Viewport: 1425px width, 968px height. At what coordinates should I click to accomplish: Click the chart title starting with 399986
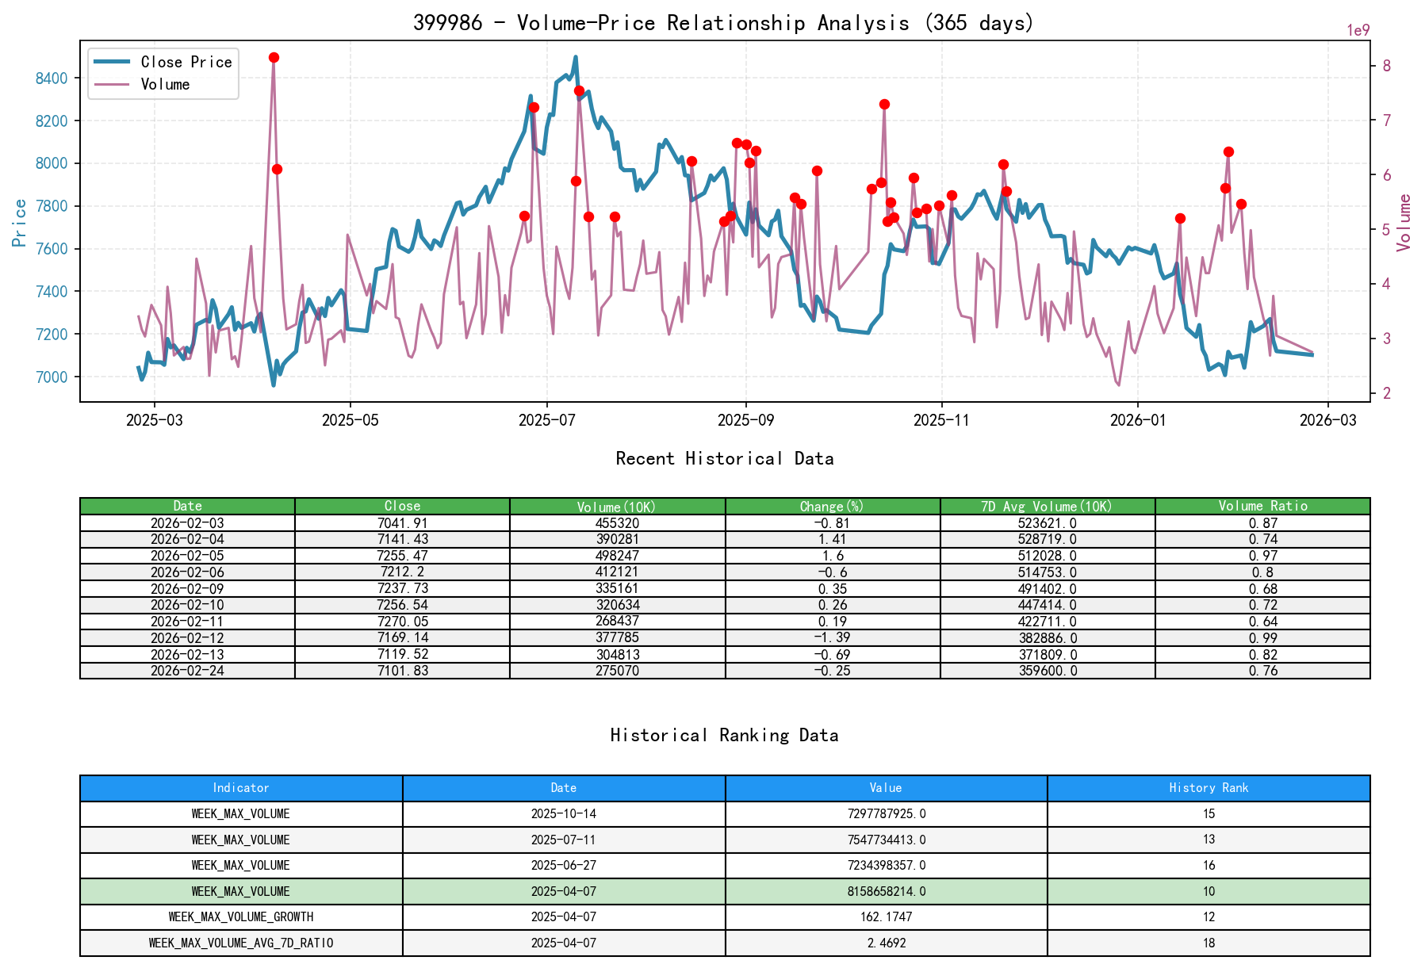723,23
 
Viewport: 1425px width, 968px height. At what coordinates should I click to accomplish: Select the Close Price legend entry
186,62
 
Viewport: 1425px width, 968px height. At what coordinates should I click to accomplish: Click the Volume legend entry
165,84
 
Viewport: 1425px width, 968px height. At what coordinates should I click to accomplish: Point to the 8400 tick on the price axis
52,78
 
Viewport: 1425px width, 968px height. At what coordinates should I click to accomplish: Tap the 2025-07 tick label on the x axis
546,420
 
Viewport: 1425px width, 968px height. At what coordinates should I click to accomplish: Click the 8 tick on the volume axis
1387,66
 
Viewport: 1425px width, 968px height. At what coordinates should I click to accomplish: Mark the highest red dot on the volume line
274,57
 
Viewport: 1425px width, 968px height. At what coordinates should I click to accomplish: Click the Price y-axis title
20,222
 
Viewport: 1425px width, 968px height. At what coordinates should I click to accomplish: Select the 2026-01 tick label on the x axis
1138,420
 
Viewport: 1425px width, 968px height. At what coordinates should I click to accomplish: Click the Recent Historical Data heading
724,458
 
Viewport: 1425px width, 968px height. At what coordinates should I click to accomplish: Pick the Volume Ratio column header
1262,506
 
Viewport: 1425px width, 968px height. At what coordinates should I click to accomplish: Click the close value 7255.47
402,556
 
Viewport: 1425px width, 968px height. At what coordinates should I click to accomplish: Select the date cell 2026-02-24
187,671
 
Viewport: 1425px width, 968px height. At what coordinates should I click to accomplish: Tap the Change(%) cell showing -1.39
832,638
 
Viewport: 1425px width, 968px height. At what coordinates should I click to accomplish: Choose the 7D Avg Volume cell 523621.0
1047,523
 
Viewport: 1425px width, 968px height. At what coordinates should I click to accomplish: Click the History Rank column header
1209,788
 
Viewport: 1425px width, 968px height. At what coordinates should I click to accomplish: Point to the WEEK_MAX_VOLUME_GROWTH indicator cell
241,917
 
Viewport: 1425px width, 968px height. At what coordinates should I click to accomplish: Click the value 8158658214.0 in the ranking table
886,891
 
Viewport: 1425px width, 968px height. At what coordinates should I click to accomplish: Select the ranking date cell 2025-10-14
563,814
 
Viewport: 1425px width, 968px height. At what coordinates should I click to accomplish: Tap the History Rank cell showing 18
1209,943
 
